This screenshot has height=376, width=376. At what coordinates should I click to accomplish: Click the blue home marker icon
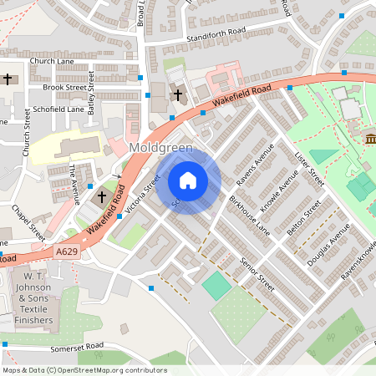click(188, 180)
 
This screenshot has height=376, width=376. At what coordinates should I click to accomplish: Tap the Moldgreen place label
click(162, 148)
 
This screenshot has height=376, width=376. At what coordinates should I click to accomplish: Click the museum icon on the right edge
click(370, 138)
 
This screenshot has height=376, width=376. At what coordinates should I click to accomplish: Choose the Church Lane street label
click(51, 61)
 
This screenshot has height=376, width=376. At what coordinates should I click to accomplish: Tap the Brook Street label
click(64, 86)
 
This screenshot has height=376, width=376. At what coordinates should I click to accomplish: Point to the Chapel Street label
click(28, 219)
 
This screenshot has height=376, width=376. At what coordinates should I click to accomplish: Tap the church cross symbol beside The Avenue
click(102, 197)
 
